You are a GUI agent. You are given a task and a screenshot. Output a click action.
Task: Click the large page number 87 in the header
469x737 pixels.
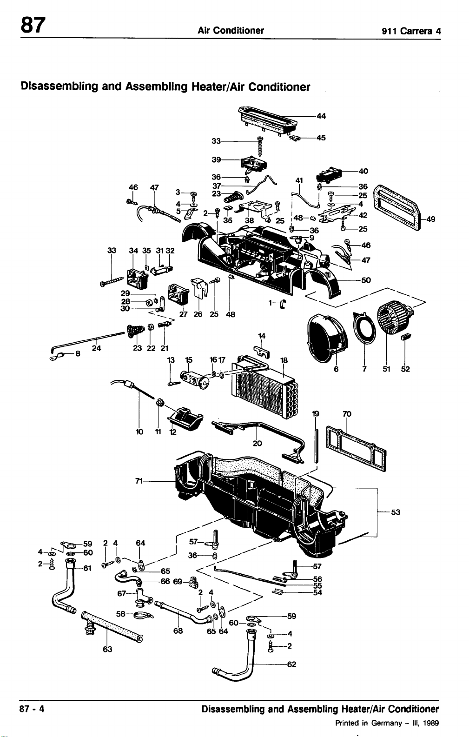(33, 25)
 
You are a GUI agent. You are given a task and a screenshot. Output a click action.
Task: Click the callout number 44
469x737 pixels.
(321, 116)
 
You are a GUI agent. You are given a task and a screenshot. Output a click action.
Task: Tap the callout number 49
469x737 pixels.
(430, 219)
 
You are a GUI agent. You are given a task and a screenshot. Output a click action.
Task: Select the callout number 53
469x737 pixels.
(396, 512)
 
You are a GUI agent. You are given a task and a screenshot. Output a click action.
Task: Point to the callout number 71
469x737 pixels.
(139, 481)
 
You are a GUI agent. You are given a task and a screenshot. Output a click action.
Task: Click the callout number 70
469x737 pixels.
(347, 414)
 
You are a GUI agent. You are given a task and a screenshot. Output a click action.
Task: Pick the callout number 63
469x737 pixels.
(107, 649)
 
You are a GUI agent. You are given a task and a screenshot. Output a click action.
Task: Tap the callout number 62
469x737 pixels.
(292, 664)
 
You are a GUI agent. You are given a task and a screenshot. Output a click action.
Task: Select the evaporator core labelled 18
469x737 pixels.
(265, 389)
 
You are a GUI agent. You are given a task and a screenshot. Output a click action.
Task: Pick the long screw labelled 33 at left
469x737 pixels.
(112, 282)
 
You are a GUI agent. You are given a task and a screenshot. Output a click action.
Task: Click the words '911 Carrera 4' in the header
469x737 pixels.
(411, 31)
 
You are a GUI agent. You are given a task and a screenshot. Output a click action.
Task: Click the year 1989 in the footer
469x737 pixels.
(431, 723)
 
